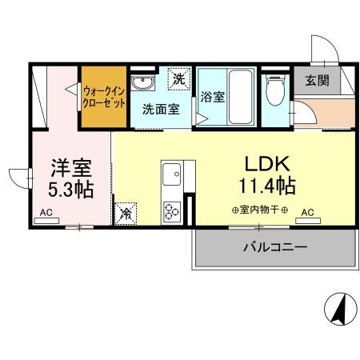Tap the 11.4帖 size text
(263, 186)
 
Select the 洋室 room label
(70, 169)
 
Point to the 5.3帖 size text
(70, 191)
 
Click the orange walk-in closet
(103, 97)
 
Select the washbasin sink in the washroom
(146, 82)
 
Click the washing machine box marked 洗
(181, 80)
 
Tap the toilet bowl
(276, 90)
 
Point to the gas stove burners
(172, 210)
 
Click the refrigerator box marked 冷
(126, 213)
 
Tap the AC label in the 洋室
(46, 214)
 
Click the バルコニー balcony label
(274, 247)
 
